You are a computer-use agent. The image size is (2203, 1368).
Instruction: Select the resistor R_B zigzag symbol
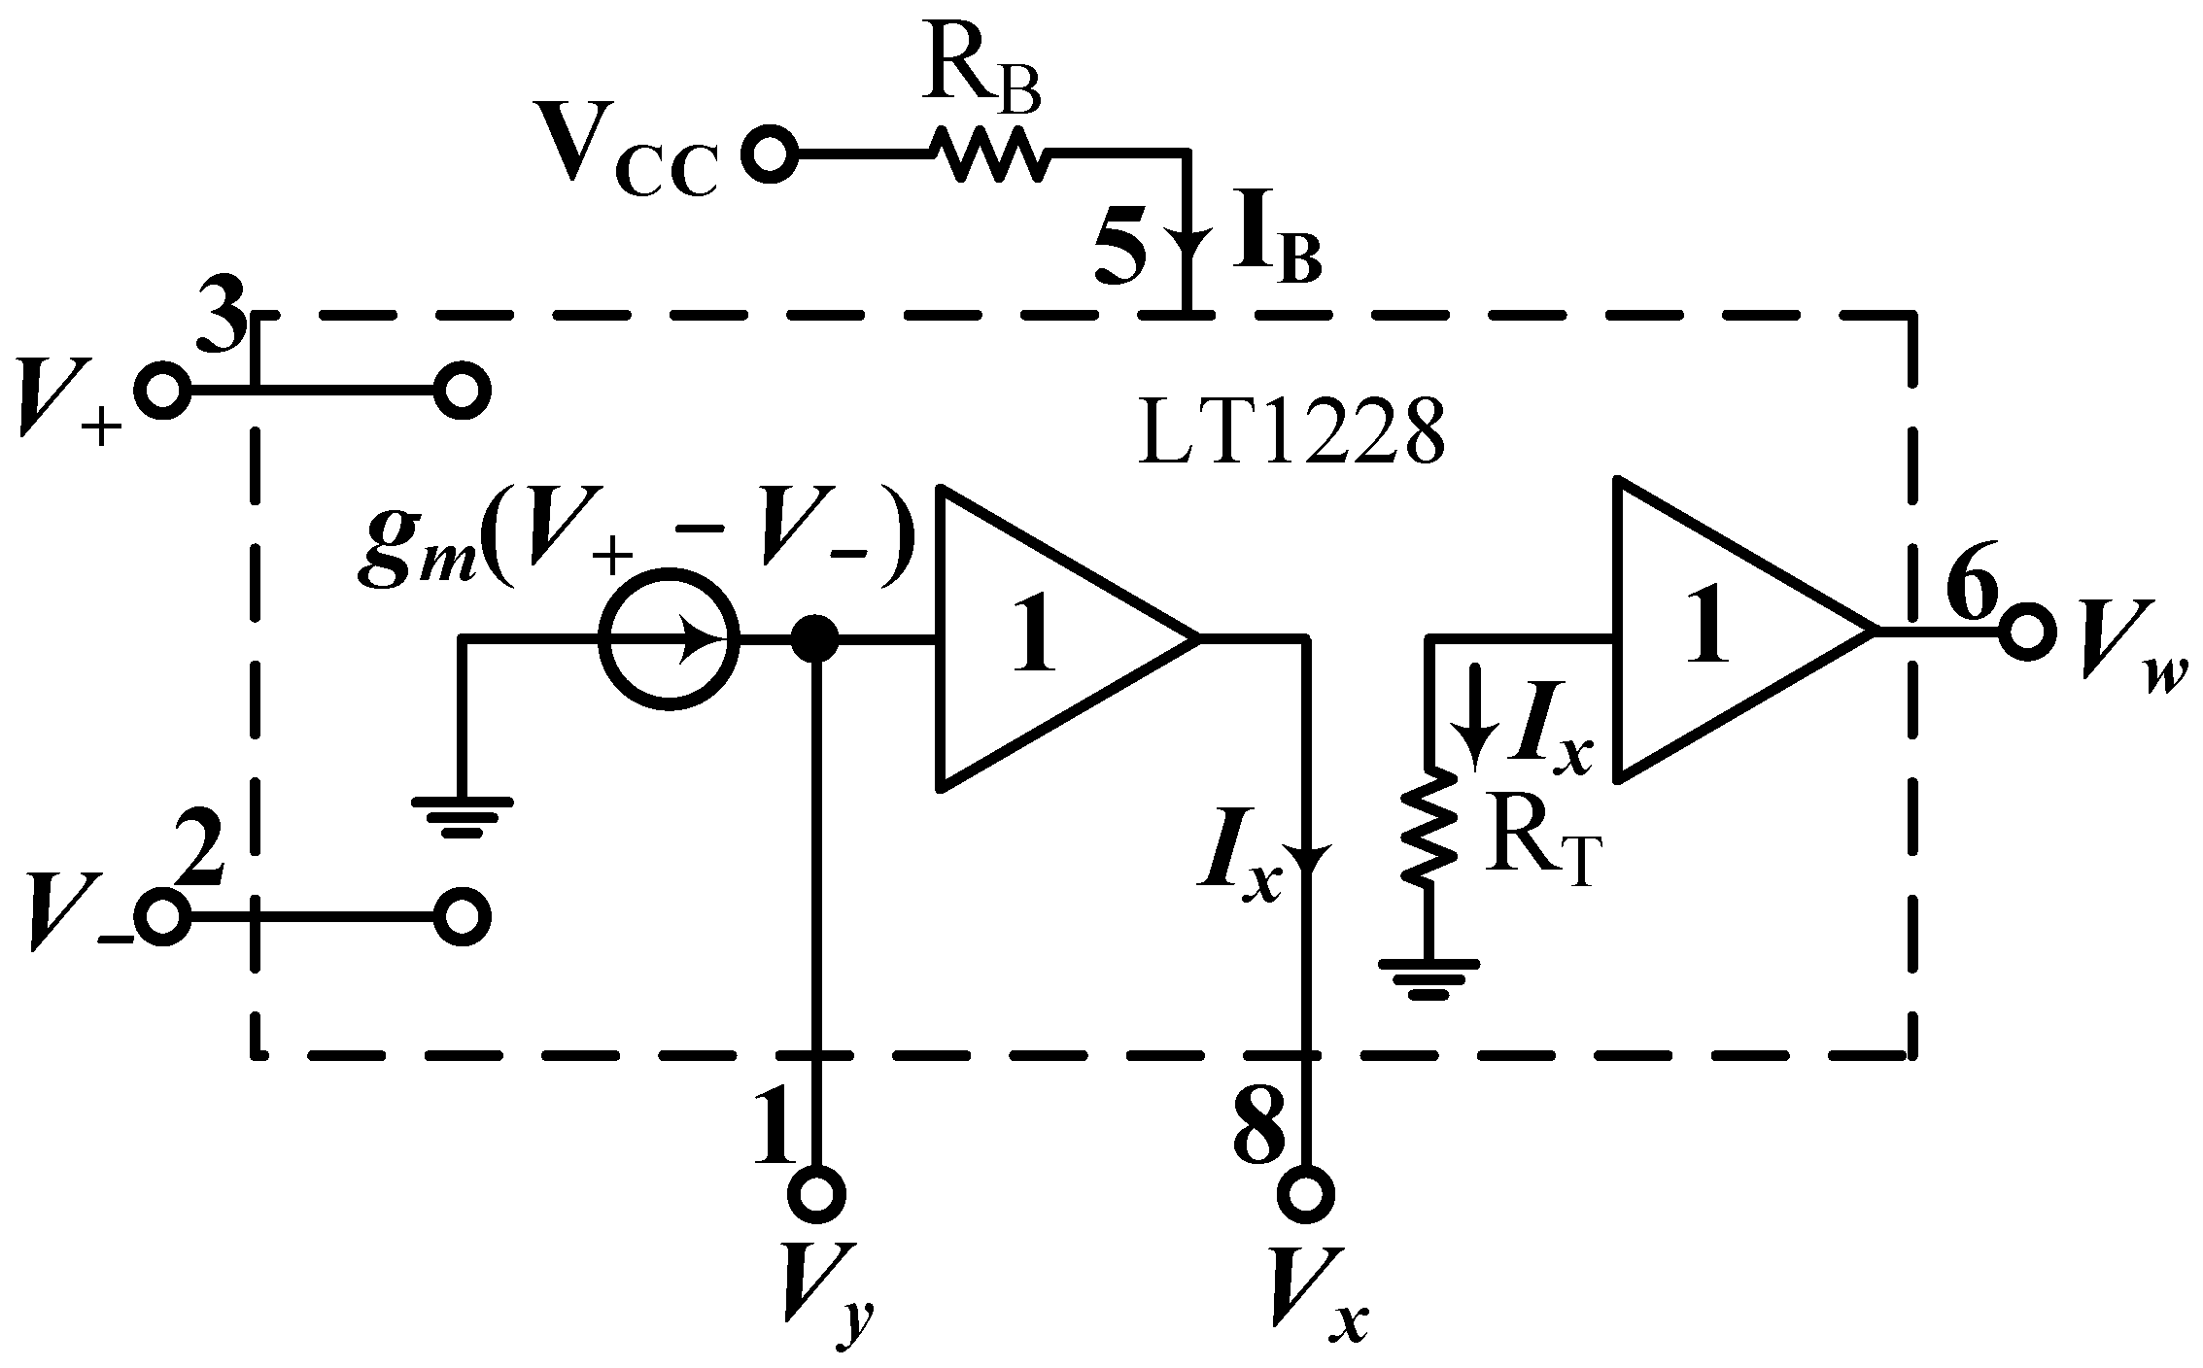coord(989,154)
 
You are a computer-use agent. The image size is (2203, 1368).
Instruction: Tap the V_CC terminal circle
coord(769,154)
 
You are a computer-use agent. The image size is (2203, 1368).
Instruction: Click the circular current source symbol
coord(669,639)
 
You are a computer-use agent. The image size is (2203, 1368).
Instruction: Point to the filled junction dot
coord(814,639)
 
